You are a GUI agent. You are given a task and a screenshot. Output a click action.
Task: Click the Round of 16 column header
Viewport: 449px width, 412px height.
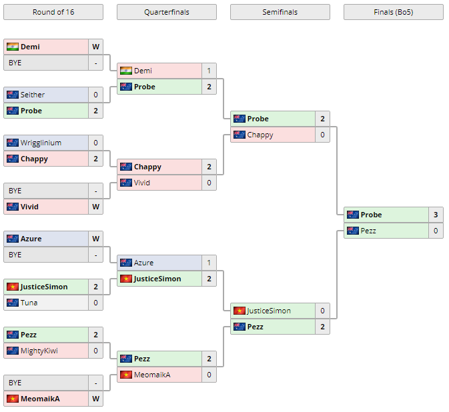(53, 12)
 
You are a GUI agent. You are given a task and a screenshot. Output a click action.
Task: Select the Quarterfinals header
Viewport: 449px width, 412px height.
(166, 12)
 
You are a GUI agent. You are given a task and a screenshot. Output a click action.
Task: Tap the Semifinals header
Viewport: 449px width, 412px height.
(280, 12)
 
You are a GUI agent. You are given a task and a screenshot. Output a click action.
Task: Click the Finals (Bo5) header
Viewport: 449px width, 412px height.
(393, 12)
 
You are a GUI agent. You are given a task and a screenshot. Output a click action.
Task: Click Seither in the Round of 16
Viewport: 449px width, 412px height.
(33, 95)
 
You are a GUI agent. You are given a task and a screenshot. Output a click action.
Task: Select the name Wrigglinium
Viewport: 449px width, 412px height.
(41, 143)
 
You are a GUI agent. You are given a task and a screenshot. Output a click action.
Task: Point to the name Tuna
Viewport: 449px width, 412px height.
(29, 303)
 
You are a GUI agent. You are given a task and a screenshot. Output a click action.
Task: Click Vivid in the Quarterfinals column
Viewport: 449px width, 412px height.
(142, 183)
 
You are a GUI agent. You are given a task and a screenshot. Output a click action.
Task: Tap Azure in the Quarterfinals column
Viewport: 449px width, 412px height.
(143, 263)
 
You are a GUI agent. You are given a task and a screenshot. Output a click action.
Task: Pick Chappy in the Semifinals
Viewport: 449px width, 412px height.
(260, 135)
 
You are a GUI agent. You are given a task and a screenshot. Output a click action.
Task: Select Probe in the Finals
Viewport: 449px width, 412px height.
(372, 215)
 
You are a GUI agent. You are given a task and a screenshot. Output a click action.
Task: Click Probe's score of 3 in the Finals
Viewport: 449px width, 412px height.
(436, 215)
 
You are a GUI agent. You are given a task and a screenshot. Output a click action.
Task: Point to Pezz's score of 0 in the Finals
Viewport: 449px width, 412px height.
(436, 231)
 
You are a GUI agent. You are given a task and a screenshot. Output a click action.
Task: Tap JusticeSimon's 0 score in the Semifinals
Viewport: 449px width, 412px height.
(322, 311)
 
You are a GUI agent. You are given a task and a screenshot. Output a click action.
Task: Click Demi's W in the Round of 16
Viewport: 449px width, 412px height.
(95, 47)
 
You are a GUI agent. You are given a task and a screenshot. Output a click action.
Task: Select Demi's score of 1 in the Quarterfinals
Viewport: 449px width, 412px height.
(209, 71)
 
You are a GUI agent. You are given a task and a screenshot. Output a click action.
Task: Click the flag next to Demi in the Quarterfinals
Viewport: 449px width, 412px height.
(126, 71)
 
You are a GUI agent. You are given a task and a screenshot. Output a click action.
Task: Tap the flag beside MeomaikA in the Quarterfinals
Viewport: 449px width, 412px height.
(126, 375)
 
